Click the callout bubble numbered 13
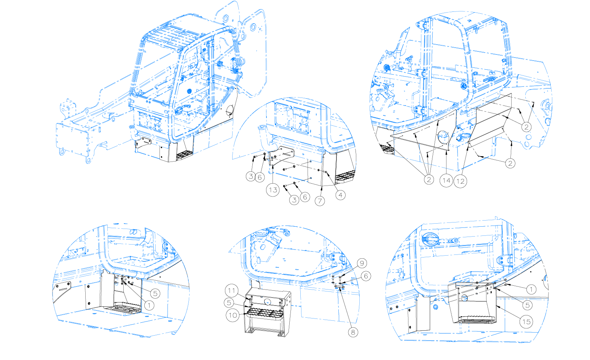[x=273, y=190]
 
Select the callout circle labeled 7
[x=320, y=201]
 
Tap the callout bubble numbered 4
[x=341, y=195]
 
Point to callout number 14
[x=446, y=181]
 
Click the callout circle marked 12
[x=461, y=181]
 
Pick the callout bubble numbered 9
[x=362, y=263]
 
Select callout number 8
[x=353, y=332]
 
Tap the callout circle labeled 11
[x=231, y=291]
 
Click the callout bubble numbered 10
[x=233, y=315]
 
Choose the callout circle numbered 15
[x=526, y=322]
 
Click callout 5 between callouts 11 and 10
[x=229, y=303]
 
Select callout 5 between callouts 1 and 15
[x=527, y=305]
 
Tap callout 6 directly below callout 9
[x=366, y=276]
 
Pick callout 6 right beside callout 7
[x=305, y=197]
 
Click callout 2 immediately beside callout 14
[x=429, y=180]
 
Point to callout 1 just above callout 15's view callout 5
[x=531, y=290]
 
